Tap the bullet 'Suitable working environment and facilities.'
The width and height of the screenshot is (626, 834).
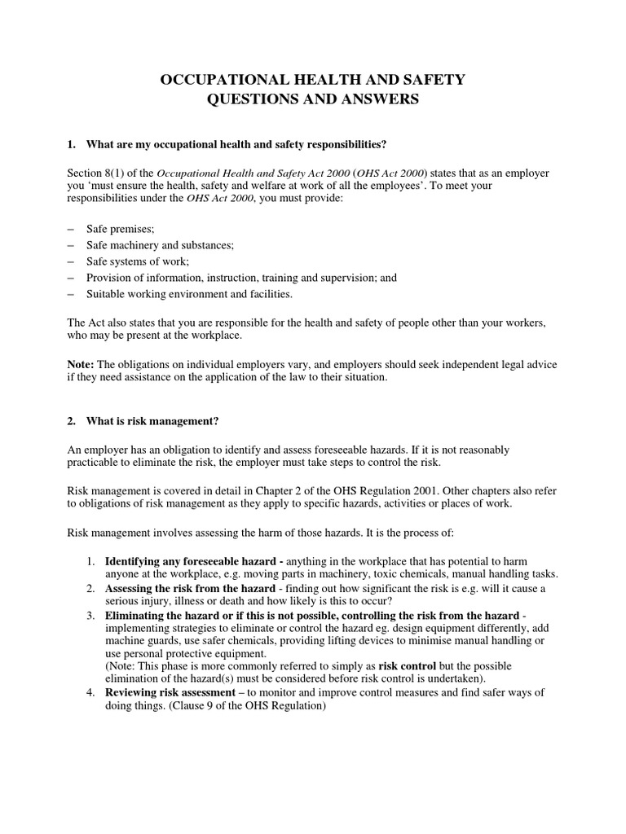194,293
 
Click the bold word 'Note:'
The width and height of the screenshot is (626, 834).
81,364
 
